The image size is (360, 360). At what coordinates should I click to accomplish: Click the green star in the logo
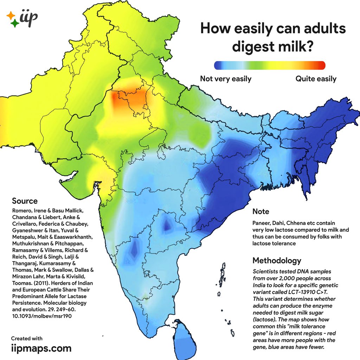15,24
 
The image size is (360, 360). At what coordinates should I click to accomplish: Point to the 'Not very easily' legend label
226,79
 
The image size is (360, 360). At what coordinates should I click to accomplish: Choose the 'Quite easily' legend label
316,79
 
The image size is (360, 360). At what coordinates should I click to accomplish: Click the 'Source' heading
25,201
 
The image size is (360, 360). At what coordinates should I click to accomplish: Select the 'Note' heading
261,212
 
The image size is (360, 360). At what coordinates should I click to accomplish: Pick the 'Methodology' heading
277,261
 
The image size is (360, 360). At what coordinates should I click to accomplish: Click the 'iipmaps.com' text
41,348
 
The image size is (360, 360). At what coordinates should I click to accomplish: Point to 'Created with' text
27,339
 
